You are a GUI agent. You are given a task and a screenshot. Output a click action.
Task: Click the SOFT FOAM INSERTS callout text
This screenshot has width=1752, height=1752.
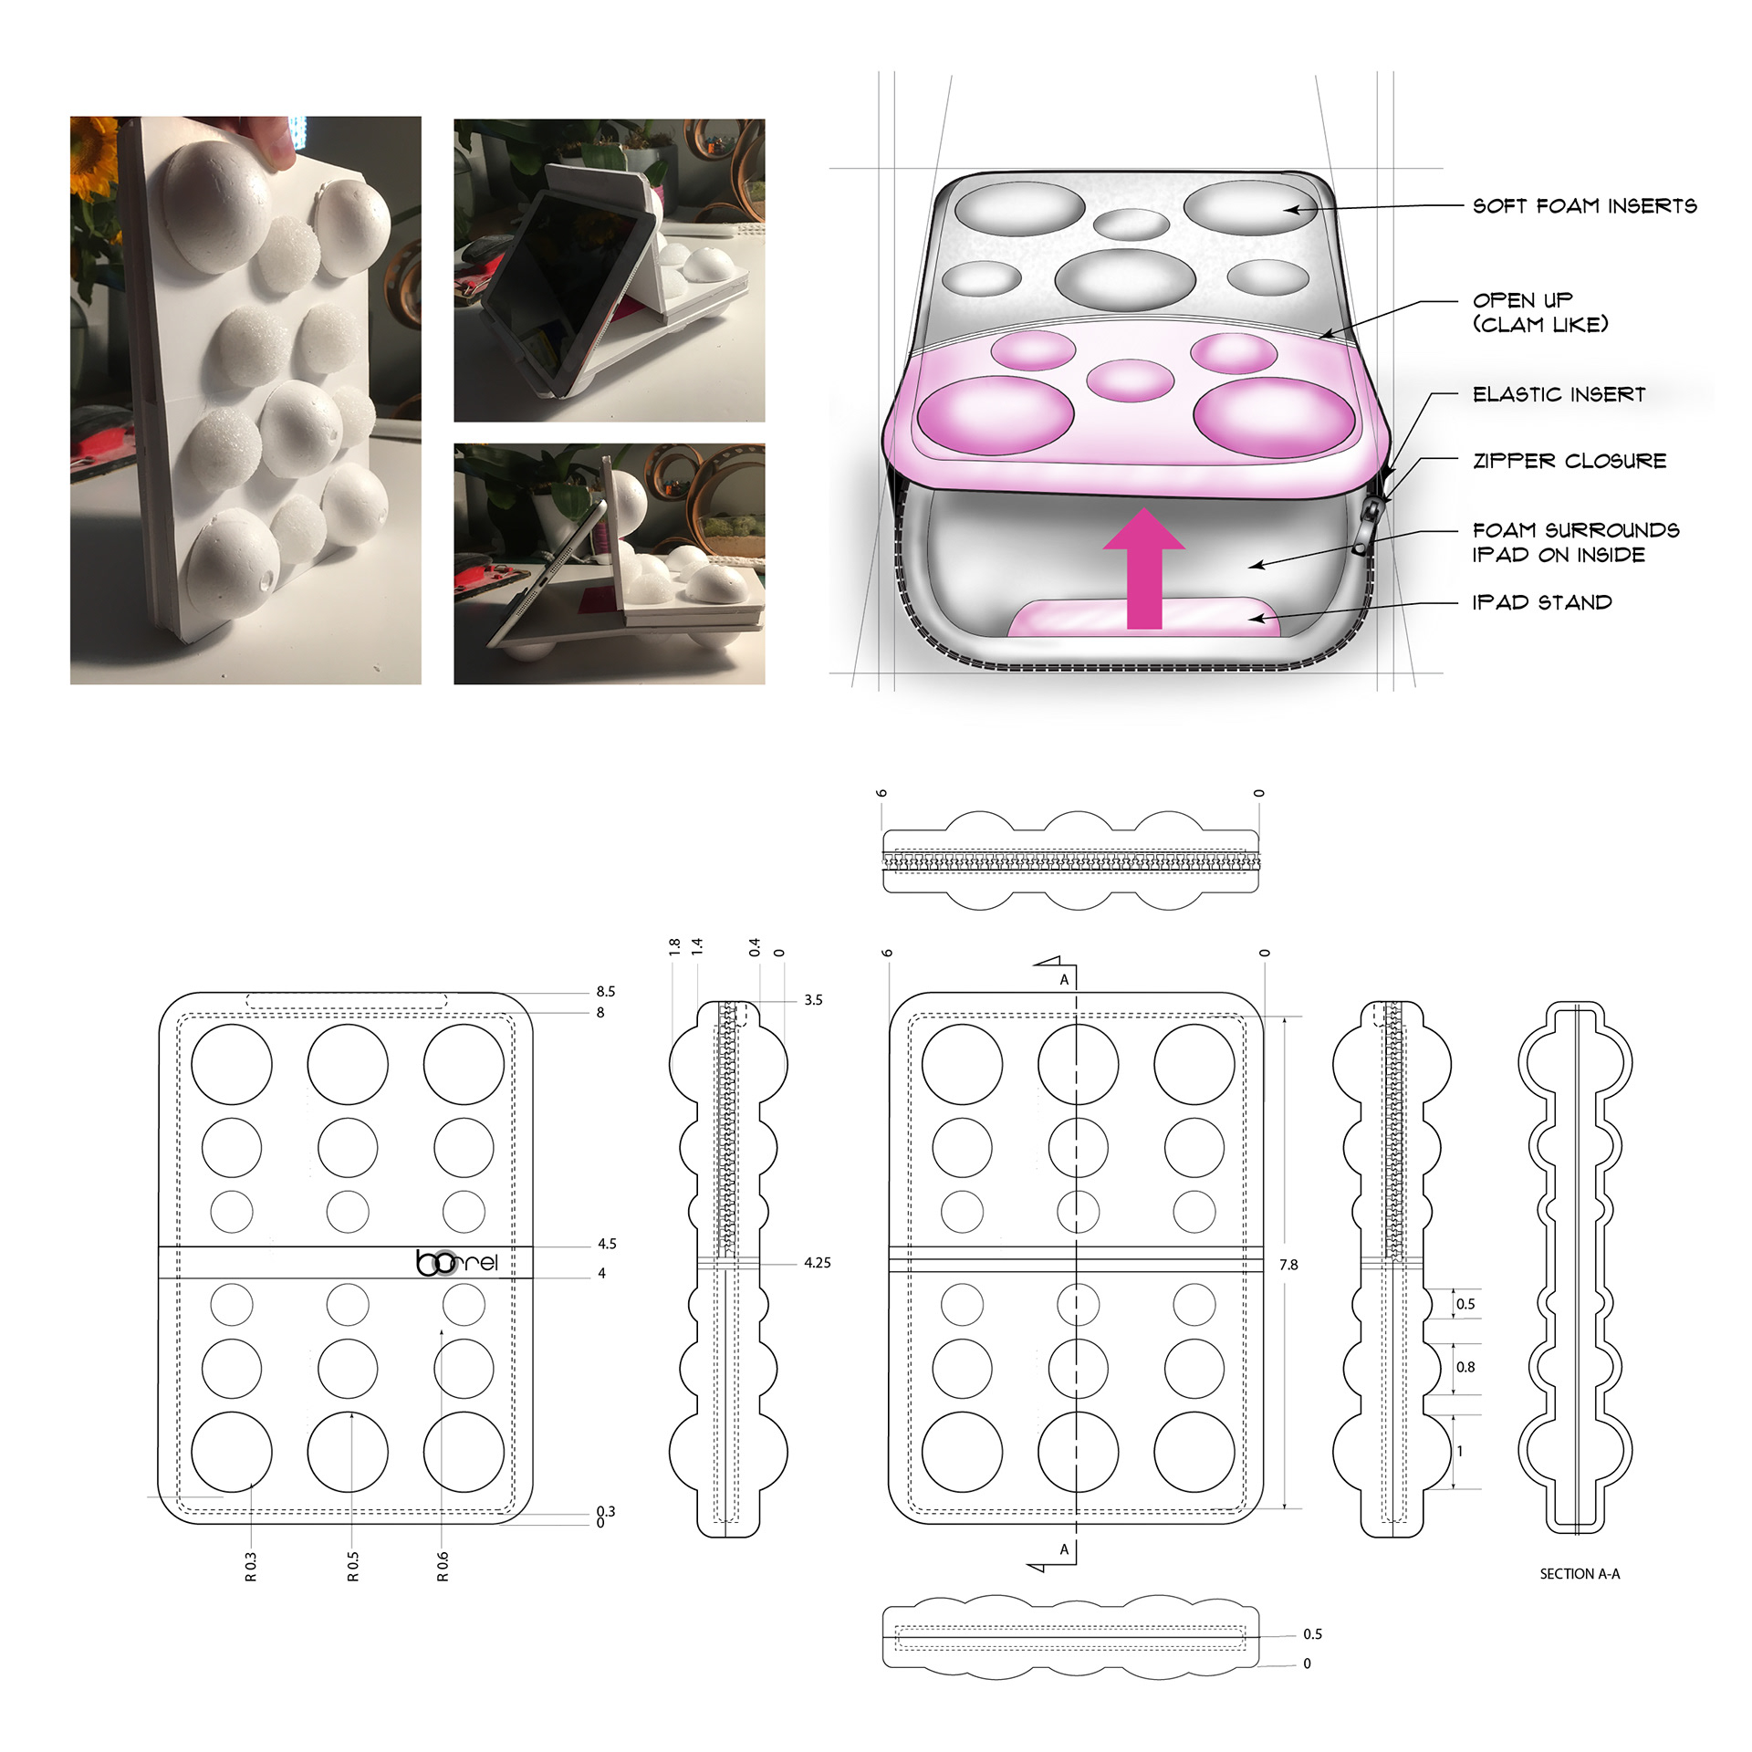1584,205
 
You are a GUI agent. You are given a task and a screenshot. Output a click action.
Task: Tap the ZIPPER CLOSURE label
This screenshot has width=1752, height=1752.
1569,461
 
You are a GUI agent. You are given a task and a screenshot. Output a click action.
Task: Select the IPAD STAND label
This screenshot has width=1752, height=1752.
1542,602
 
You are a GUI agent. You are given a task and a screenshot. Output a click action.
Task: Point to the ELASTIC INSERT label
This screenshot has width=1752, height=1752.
1559,394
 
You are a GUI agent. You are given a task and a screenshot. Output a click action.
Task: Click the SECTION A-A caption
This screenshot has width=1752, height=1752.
1580,1574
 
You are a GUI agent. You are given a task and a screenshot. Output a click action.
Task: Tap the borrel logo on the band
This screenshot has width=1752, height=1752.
457,1262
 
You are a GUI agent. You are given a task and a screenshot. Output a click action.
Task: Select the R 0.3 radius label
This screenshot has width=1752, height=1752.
251,1566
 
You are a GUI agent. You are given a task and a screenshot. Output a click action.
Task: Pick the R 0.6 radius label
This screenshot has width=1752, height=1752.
443,1566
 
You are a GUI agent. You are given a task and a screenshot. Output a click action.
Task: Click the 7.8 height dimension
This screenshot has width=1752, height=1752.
1288,1265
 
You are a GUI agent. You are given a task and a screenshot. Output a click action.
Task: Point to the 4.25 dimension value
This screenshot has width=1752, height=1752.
817,1263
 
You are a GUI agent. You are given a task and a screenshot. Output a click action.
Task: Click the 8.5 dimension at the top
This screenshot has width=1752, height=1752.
606,991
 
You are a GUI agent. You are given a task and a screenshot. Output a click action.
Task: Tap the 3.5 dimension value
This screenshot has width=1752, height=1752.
813,1000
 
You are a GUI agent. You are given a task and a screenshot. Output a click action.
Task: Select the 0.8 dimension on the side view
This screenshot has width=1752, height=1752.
1465,1367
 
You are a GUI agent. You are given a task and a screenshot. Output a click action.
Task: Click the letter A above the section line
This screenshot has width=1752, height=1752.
1064,980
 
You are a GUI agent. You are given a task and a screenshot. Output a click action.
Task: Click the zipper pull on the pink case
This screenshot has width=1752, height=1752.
1367,524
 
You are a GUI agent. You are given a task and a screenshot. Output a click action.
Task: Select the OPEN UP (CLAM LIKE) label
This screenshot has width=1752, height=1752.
1540,312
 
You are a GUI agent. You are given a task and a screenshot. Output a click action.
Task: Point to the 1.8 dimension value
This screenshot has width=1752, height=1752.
674,947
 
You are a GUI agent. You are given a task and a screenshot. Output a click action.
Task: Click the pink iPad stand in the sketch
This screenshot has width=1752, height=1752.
1144,617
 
